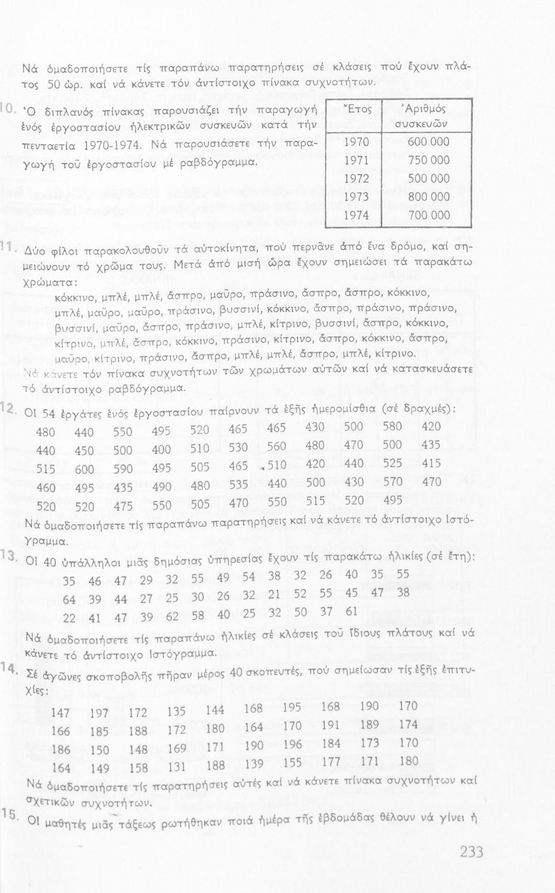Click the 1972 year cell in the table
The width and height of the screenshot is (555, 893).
[356, 179]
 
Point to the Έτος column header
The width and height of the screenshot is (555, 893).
[357, 110]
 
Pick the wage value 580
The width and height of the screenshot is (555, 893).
[392, 426]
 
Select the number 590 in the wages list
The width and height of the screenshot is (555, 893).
[123, 469]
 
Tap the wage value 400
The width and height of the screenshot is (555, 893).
[160, 450]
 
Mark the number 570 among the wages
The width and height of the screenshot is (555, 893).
[392, 482]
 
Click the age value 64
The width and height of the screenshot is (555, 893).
[69, 600]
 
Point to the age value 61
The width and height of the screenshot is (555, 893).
[352, 611]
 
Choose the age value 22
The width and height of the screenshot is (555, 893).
[69, 619]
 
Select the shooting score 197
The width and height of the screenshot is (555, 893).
[99, 713]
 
